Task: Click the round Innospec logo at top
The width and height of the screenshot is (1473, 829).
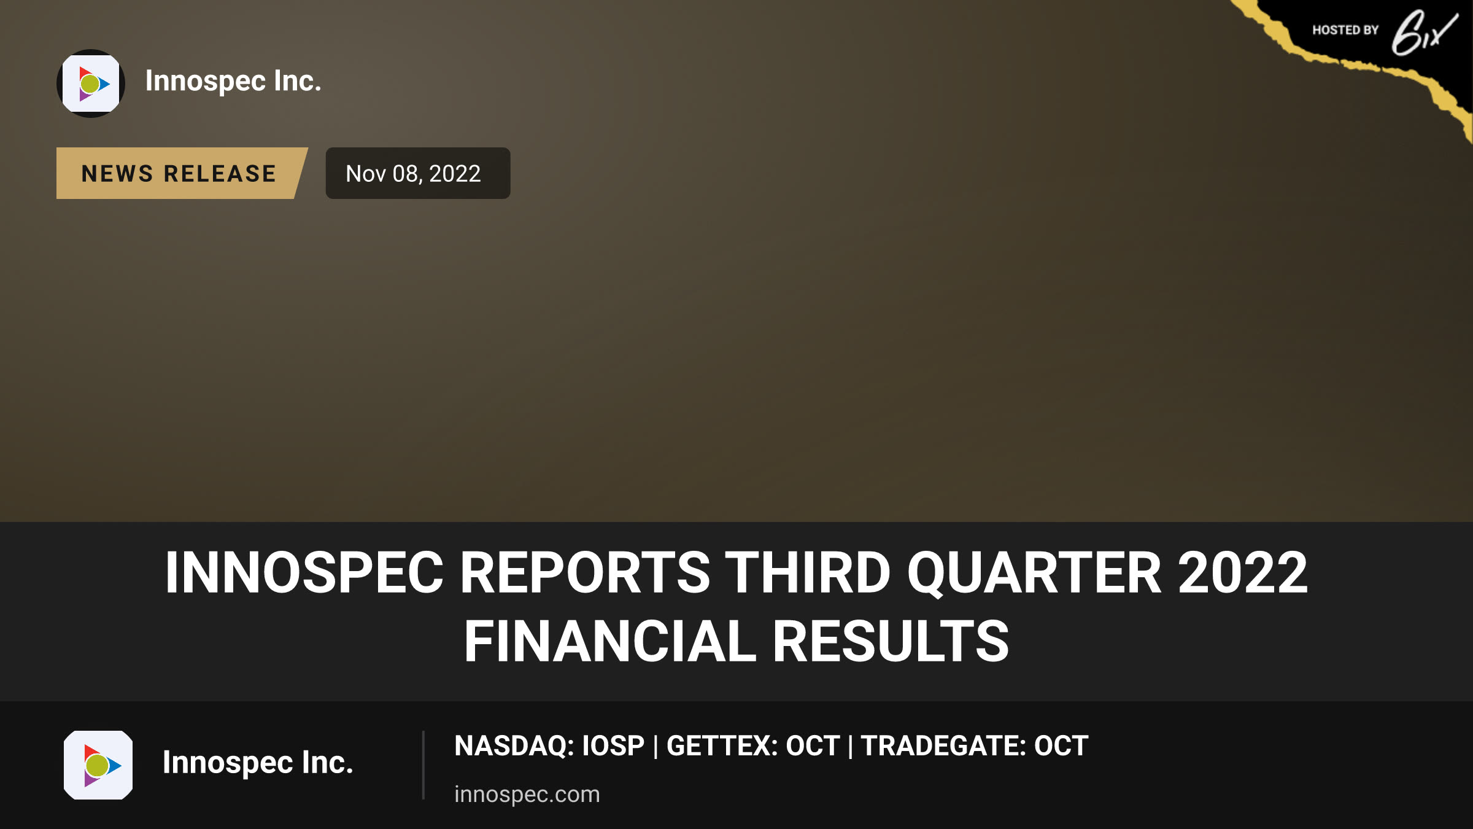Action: click(91, 84)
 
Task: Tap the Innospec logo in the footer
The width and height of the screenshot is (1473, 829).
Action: click(98, 765)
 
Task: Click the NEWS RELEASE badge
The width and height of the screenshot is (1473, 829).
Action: click(182, 173)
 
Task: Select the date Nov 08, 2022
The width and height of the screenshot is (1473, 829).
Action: click(413, 174)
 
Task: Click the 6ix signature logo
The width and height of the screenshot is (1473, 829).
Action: click(1424, 33)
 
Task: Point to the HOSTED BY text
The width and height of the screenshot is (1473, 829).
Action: click(1345, 30)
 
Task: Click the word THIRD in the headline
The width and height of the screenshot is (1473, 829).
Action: click(808, 572)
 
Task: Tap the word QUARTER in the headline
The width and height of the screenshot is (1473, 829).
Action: click(1035, 574)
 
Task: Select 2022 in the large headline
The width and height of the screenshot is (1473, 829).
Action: click(1243, 572)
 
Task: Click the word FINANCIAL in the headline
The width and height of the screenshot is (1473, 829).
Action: click(610, 641)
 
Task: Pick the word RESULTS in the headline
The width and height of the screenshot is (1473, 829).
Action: click(891, 641)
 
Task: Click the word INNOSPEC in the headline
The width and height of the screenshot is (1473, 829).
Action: click(304, 572)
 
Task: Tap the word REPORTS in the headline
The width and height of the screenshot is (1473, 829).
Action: click(585, 572)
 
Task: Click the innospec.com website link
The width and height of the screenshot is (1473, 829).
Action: click(527, 794)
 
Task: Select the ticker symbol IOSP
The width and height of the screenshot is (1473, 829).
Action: click(613, 745)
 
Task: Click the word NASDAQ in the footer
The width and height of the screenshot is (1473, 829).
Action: click(514, 745)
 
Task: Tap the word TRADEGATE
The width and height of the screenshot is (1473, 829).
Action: click(943, 745)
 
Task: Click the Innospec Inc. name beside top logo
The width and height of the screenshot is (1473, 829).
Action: click(233, 81)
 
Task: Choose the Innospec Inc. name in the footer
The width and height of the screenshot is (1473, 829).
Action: click(258, 763)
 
